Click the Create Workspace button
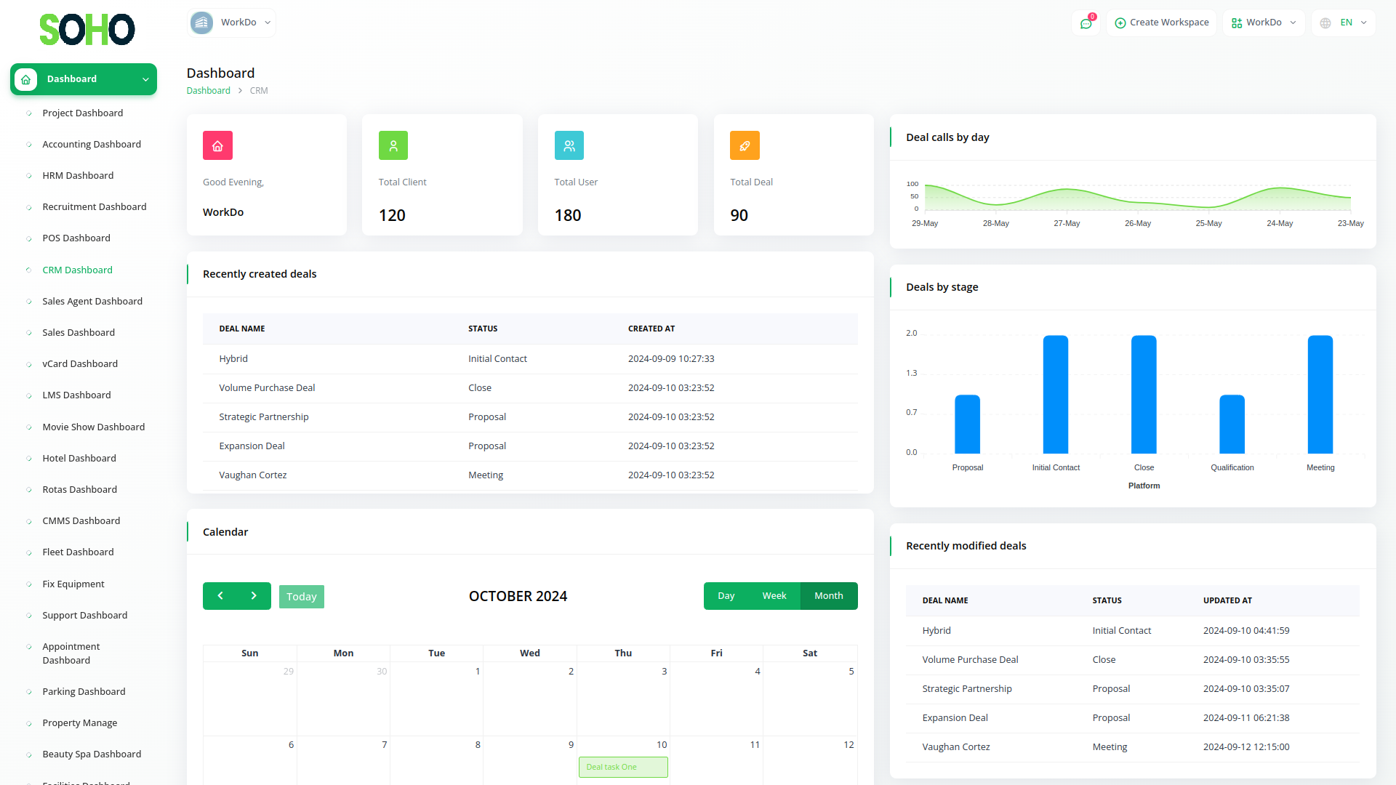click(x=1161, y=23)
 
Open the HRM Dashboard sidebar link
click(x=78, y=176)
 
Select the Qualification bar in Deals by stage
click(x=1232, y=424)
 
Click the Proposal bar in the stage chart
click(x=967, y=424)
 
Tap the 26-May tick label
click(x=1137, y=224)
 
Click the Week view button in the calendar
click(x=774, y=596)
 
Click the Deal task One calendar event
click(x=623, y=768)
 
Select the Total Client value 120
click(x=392, y=216)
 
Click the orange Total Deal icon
click(x=745, y=146)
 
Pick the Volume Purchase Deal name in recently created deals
click(x=267, y=388)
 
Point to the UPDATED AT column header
click(x=1227, y=601)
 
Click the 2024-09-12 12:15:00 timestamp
click(x=1245, y=747)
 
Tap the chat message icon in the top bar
click(x=1086, y=23)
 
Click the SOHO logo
click(x=87, y=30)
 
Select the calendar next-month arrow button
click(x=254, y=596)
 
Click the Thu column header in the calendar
click(x=623, y=653)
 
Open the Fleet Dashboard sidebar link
click(x=78, y=552)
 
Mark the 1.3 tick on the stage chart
click(x=911, y=374)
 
